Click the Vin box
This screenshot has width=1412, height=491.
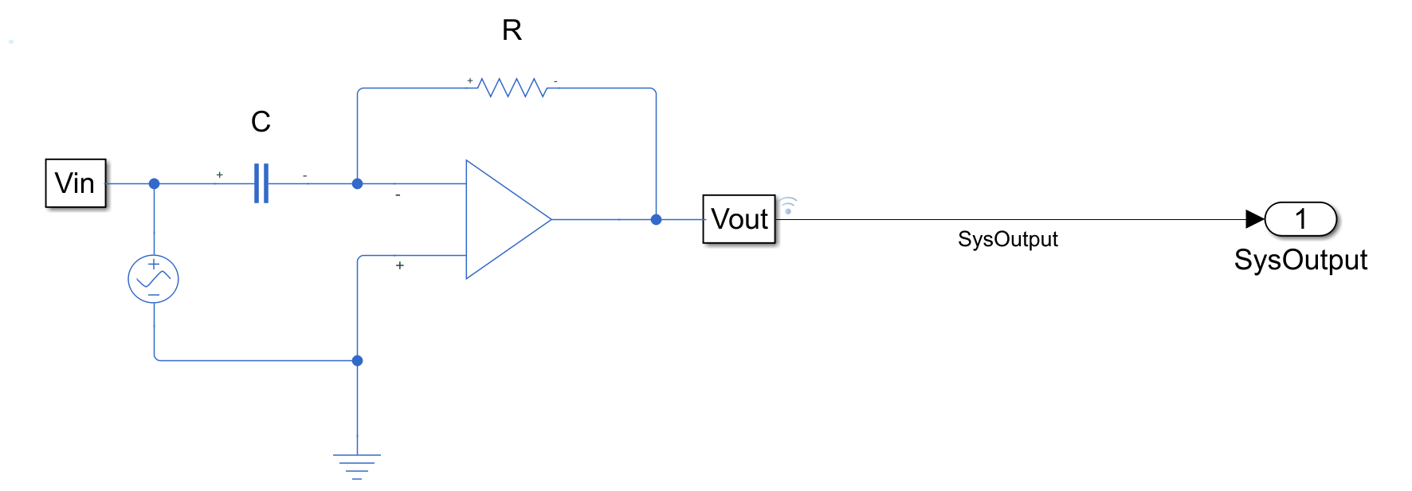coord(76,183)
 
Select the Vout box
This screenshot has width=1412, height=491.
coord(739,219)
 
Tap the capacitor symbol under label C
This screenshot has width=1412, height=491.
coord(261,183)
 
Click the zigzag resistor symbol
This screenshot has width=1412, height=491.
coord(512,87)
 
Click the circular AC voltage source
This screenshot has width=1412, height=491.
coord(153,279)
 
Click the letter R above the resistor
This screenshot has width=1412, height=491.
coord(512,30)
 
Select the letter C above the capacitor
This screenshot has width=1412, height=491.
coord(261,122)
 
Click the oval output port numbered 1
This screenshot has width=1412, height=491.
coord(1300,219)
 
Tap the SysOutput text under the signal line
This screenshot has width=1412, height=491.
coord(1007,239)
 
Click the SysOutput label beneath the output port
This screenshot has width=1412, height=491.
coord(1300,260)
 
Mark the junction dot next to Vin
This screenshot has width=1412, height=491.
coord(154,183)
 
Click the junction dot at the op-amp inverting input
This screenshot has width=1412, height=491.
coord(357,183)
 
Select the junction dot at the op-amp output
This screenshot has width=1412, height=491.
coord(656,219)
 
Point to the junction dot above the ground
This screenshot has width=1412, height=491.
coord(357,360)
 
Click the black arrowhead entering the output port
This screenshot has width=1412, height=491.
coord(1254,219)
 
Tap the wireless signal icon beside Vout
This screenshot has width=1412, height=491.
coord(788,206)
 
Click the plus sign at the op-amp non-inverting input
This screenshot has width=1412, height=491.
coord(399,265)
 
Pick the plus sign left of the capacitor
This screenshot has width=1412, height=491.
coord(219,175)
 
